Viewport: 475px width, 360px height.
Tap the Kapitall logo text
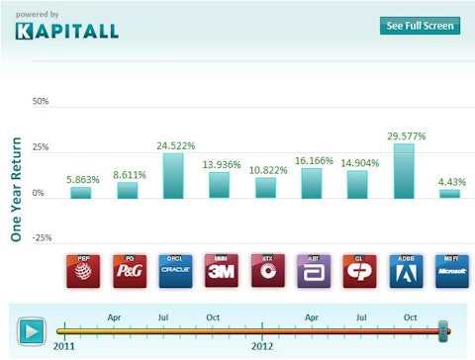click(67, 30)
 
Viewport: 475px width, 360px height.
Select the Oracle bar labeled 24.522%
click(172, 175)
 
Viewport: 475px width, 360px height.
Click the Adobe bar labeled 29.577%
click(403, 170)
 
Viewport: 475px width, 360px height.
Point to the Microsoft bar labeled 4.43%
click(449, 193)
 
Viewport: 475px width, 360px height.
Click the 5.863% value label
click(81, 179)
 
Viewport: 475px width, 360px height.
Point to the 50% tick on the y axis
click(41, 102)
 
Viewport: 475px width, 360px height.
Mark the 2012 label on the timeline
click(262, 347)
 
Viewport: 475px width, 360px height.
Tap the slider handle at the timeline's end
click(443, 329)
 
